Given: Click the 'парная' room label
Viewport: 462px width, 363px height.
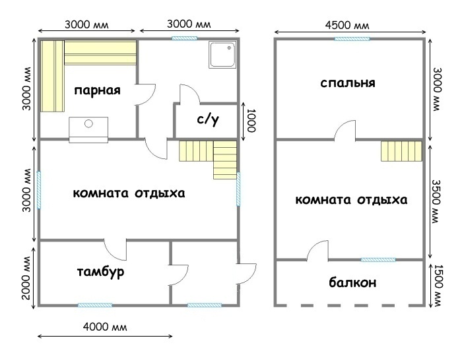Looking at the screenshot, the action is (x=97, y=90).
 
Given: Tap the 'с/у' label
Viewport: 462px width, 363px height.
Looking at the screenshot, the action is (x=208, y=119).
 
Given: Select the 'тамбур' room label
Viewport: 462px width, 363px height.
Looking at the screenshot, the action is (x=100, y=273).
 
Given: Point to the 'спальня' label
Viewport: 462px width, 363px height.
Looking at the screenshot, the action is (x=348, y=83).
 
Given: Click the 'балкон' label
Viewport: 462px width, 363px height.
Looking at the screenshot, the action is (x=352, y=282).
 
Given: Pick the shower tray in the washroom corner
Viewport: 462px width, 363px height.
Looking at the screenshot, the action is (x=222, y=55).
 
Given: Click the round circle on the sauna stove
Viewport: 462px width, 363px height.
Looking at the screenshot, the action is (x=88, y=123).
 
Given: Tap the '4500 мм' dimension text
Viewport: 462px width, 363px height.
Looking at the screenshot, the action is (x=347, y=25).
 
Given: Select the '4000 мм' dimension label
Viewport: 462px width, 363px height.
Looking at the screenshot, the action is (x=105, y=327).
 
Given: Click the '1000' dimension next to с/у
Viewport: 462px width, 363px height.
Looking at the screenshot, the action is (x=251, y=121).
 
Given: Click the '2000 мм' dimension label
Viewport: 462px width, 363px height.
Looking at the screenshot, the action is (x=26, y=278).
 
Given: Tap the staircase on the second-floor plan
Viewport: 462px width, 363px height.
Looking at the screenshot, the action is (x=401, y=151).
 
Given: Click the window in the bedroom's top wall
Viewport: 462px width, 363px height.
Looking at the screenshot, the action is (x=352, y=38).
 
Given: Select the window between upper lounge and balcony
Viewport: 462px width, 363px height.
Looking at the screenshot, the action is (x=378, y=259).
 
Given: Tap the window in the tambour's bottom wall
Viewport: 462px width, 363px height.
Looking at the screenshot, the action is (x=95, y=305).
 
